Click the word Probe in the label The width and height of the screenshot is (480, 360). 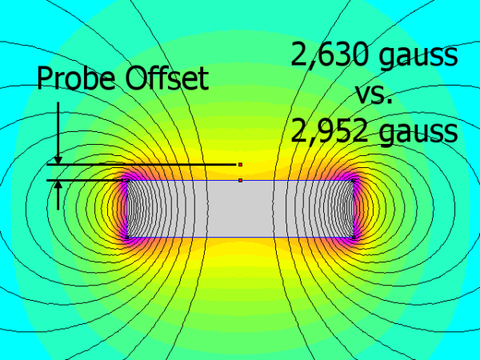click(76, 79)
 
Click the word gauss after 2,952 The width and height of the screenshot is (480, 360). click(422, 131)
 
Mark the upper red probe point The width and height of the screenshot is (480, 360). click(240, 164)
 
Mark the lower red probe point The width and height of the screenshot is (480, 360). click(240, 181)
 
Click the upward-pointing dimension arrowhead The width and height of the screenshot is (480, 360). click(58, 186)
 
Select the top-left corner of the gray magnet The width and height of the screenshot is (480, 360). click(126, 181)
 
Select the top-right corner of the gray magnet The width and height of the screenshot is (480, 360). click(354, 181)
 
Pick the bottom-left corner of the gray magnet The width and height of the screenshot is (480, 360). click(126, 237)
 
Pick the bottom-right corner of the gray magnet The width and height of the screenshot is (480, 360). click(354, 237)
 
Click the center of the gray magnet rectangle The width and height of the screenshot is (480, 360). click(240, 209)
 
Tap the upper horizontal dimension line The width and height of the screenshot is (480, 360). click(144, 165)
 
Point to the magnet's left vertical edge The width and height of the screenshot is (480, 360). click(126, 209)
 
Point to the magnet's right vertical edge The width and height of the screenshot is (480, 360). click(354, 209)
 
